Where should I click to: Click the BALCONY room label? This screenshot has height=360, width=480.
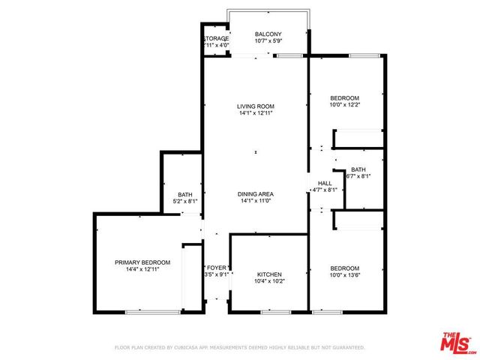tap(268, 34)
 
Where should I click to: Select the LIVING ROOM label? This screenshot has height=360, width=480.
tap(255, 106)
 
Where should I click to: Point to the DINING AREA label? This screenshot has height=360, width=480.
tap(255, 193)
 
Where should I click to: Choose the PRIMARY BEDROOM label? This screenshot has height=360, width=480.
tap(142, 262)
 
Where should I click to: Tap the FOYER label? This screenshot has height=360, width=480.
tap(217, 268)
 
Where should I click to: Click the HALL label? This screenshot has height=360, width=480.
tap(325, 183)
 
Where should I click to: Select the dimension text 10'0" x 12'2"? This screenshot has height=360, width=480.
tap(345, 105)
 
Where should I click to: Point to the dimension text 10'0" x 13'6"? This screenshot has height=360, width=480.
tap(345, 275)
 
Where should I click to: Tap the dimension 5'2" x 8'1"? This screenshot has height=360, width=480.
tap(184, 201)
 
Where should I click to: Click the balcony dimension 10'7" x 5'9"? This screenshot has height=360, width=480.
tap(268, 41)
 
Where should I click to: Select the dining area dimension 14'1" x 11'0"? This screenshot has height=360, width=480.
tap(255, 200)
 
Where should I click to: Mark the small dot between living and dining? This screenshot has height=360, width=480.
tap(255, 153)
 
